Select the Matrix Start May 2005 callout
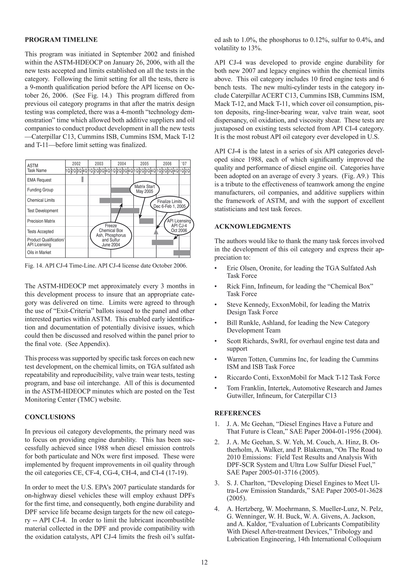point(145,189)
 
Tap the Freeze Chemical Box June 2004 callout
point(111,235)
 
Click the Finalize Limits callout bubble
point(169,204)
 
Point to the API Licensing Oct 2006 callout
point(179,226)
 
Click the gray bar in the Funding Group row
point(121,190)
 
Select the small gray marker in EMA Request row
point(82,179)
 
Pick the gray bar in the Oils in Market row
point(182,253)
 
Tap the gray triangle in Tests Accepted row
point(156,231)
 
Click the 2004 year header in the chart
point(122,164)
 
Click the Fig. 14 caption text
point(106,266)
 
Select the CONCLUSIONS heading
point(50,417)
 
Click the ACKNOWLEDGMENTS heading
point(252,226)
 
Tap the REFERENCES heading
point(237,413)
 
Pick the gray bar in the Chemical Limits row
point(111,200)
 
